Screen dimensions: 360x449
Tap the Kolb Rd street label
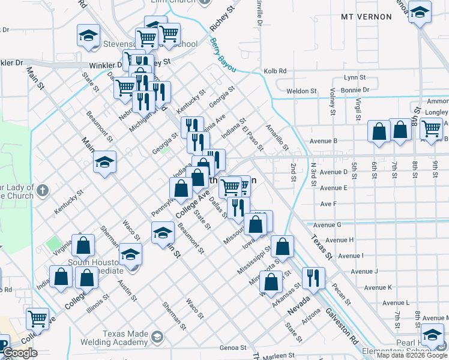pos(274,71)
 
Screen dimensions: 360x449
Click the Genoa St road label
pos(233,347)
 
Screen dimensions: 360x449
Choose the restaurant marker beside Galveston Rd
pos(314,278)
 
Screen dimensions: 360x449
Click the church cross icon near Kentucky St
pos(41,190)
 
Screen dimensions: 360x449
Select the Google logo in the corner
pos(20,353)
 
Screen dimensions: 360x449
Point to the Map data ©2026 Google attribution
pos(412,355)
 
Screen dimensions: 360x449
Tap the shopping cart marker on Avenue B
pos(431,128)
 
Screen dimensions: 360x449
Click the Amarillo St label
pos(278,139)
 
